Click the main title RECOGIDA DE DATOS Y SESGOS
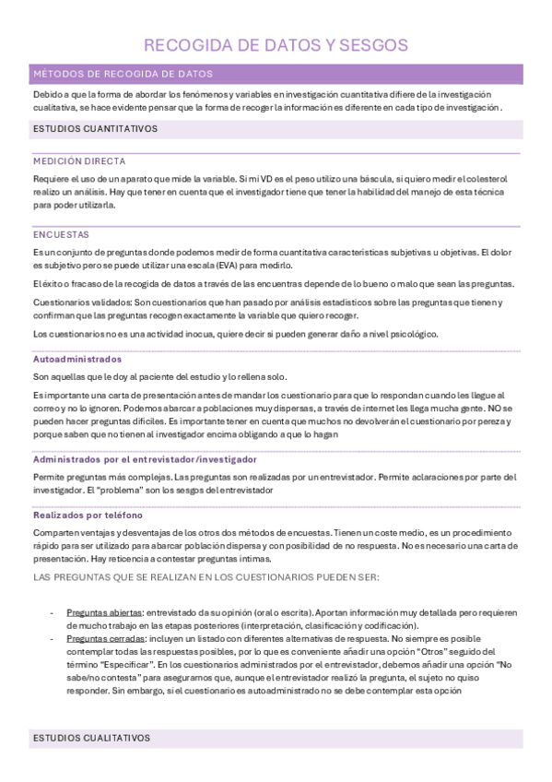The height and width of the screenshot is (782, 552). pos(276,45)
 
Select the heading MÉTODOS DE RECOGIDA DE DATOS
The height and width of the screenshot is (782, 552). pos(123,74)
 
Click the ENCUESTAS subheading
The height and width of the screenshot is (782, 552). pos(61,234)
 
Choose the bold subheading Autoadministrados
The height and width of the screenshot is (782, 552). pos(76,358)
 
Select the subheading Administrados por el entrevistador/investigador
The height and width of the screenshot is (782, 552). pos(145,458)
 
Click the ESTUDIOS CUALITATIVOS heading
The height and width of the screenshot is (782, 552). pos(91,739)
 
